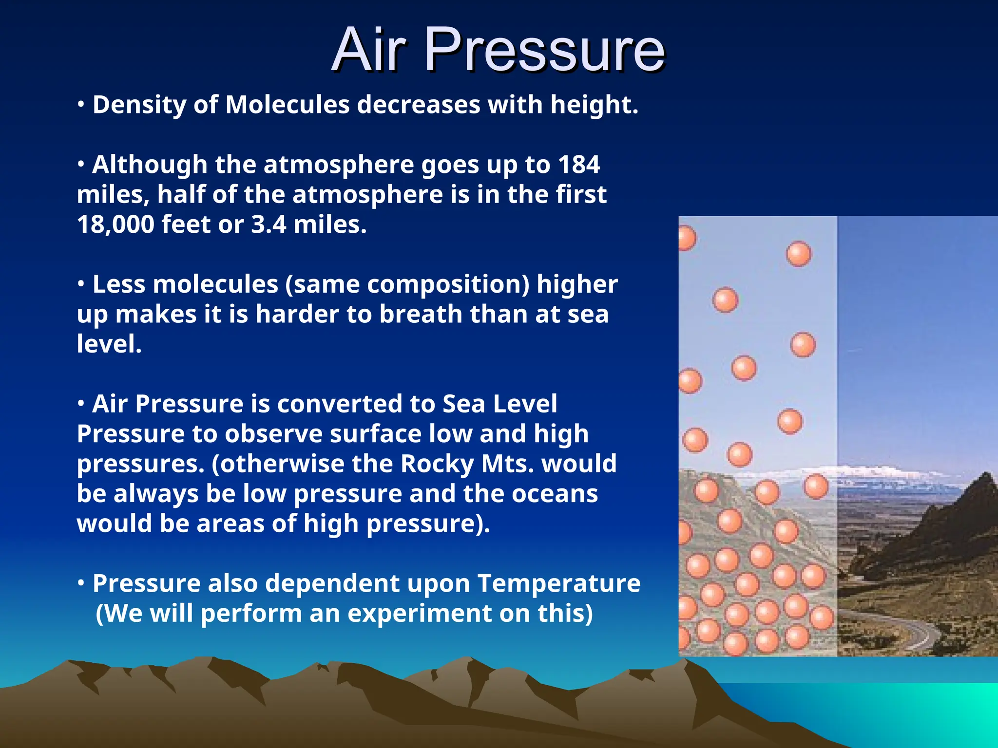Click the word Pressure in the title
[x=544, y=50]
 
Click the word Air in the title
[x=369, y=50]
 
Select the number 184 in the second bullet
[x=579, y=165]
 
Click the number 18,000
[x=115, y=224]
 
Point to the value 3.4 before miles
[x=269, y=224]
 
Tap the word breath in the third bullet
[x=421, y=314]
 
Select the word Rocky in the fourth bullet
[x=437, y=464]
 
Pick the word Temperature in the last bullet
[x=559, y=583]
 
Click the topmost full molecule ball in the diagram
[x=798, y=254]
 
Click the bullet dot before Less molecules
[x=81, y=283]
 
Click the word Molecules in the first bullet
[x=288, y=105]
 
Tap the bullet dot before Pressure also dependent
[x=81, y=582]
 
